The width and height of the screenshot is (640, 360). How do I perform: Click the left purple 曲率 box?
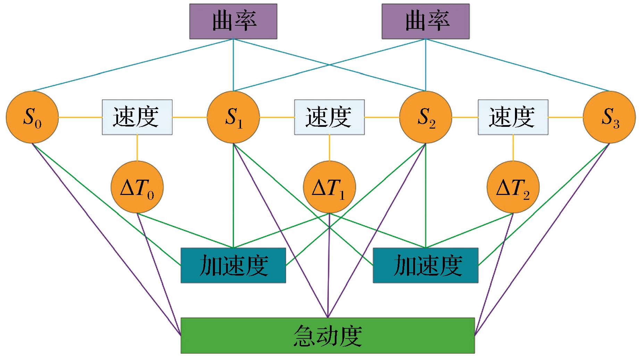[x=233, y=21]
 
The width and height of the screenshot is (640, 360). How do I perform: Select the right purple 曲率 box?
[x=425, y=21]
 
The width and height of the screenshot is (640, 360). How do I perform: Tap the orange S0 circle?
[x=32, y=117]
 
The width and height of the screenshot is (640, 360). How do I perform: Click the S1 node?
[x=233, y=117]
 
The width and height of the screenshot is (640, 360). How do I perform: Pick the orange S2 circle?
[x=425, y=117]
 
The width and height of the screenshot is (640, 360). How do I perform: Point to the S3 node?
[x=609, y=117]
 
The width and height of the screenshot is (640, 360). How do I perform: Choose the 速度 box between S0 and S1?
[x=137, y=117]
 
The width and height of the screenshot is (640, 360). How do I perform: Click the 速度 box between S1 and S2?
[x=329, y=117]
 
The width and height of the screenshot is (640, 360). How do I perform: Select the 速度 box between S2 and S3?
[x=513, y=117]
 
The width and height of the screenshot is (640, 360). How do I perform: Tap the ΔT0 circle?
[x=137, y=187]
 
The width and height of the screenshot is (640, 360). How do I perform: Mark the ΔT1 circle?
[x=329, y=187]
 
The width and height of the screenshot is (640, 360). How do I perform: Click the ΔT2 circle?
[x=513, y=187]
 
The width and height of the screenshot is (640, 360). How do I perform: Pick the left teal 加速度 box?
[x=233, y=265]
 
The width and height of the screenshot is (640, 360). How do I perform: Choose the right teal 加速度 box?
[x=425, y=265]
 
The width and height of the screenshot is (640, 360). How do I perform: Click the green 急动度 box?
[x=327, y=335]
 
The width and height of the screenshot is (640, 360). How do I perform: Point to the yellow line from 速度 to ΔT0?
[x=137, y=148]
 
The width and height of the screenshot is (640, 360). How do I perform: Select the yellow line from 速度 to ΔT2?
[x=513, y=148]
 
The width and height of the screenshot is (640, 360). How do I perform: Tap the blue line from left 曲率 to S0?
[x=132, y=65]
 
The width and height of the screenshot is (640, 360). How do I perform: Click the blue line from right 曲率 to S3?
[x=517, y=65]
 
